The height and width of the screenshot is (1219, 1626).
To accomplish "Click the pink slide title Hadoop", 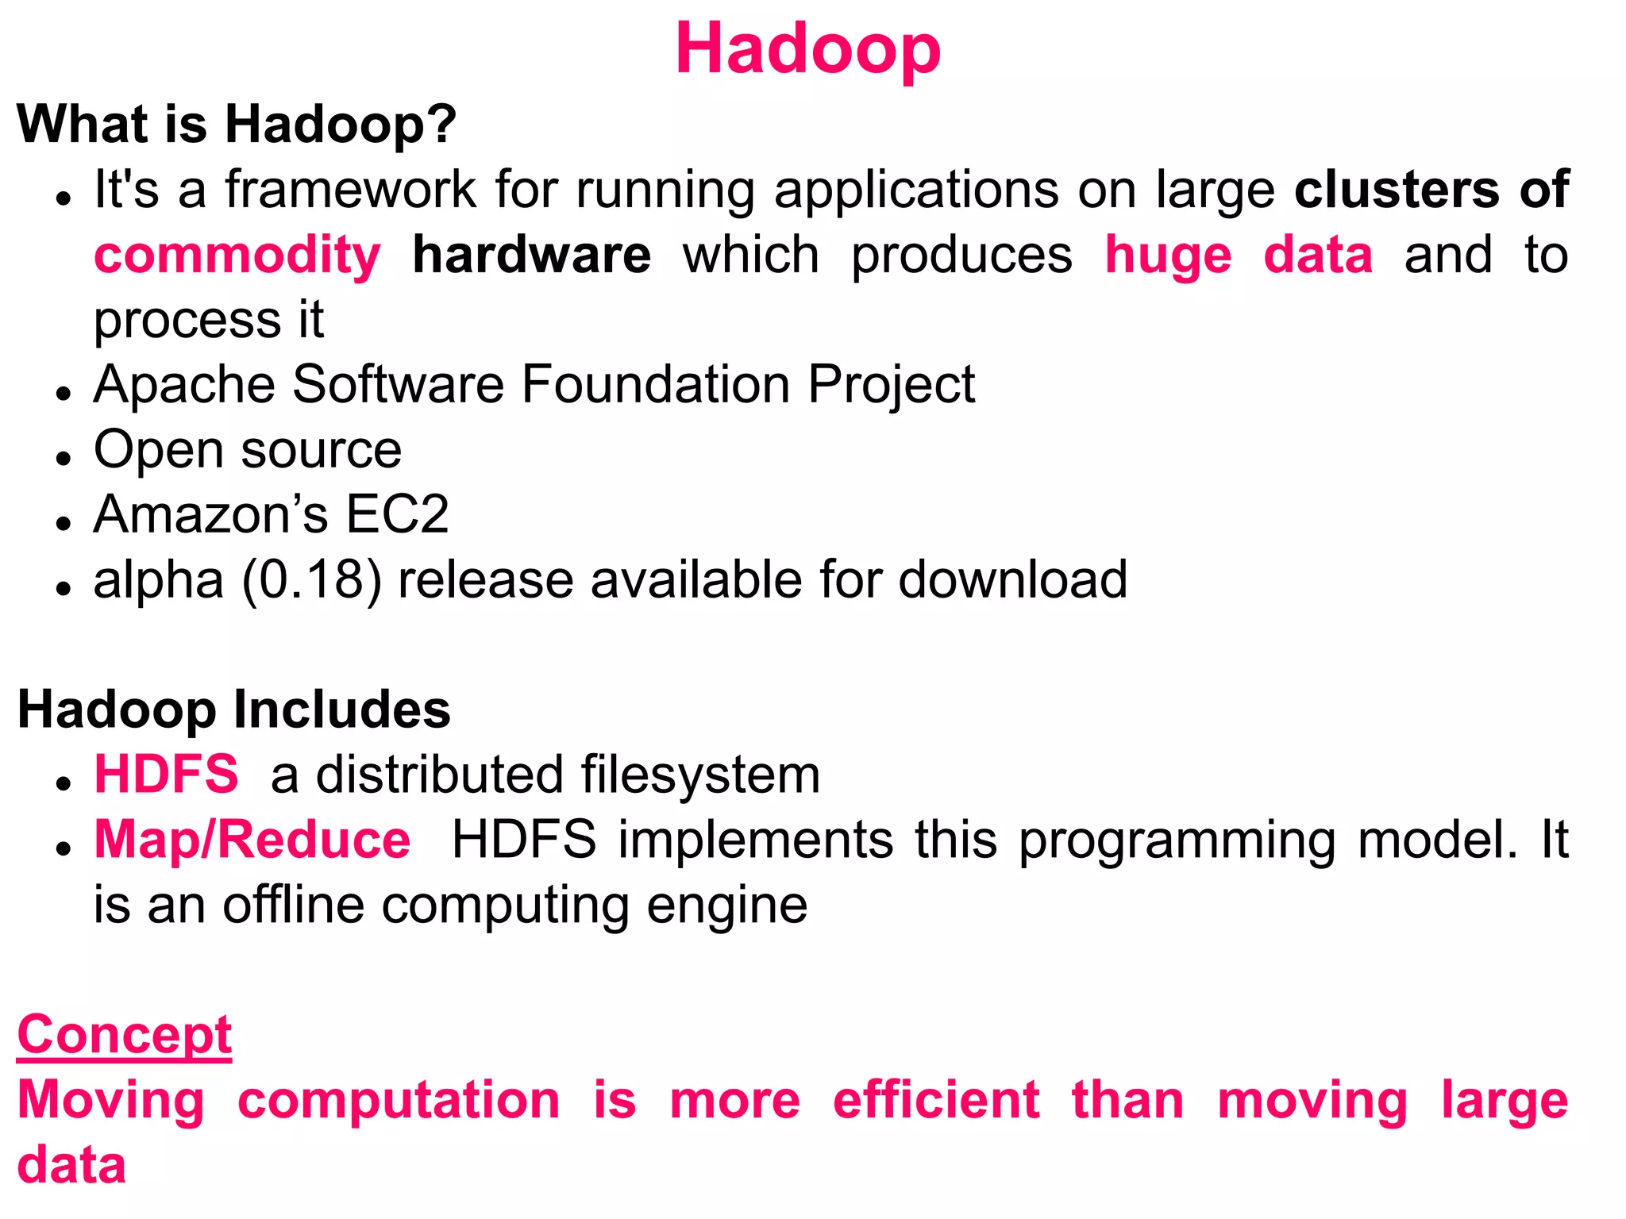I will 807,49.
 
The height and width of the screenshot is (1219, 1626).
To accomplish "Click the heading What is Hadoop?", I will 237,125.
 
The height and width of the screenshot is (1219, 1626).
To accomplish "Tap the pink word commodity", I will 237,256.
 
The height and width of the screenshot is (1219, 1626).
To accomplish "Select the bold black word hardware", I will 531,256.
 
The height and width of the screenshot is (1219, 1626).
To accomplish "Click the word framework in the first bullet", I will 351,190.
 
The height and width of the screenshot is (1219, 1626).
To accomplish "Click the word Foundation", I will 654,385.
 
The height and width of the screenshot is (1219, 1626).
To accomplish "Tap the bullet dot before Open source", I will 64,458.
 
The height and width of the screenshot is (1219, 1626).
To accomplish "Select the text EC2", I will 397,515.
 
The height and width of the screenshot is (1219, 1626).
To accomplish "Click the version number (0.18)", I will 312,580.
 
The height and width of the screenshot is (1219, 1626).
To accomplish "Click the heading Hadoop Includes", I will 233,709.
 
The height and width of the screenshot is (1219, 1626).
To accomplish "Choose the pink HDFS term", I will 166,775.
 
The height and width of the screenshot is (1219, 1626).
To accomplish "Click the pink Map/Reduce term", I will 252,840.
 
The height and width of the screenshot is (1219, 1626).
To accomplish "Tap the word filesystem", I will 700,775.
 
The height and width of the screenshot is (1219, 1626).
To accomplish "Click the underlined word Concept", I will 125,1035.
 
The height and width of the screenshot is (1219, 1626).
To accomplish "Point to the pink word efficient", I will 935,1100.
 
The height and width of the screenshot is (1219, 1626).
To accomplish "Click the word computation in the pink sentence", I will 399,1100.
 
